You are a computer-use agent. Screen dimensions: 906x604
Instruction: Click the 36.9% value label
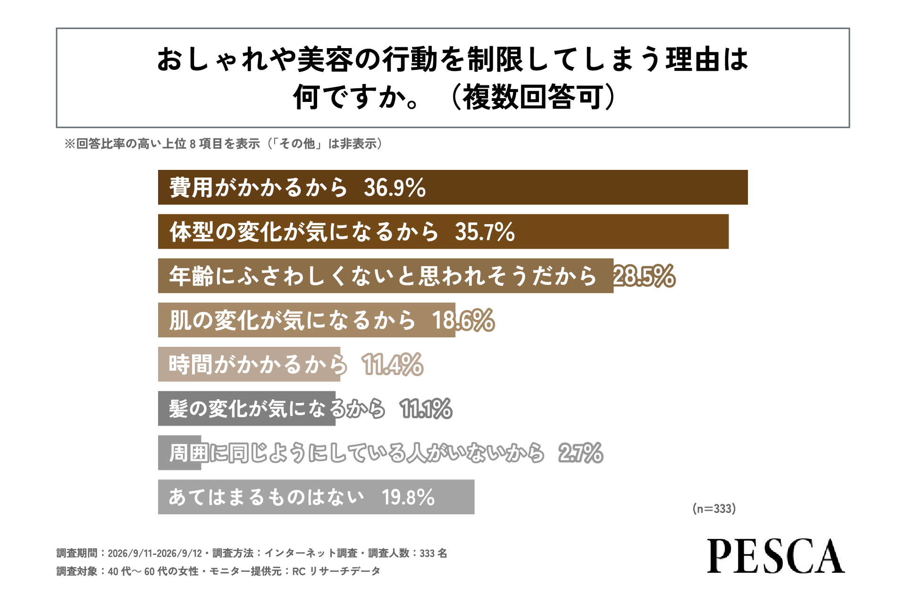pyautogui.click(x=394, y=187)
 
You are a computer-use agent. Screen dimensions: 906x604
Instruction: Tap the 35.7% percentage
pyautogui.click(x=485, y=232)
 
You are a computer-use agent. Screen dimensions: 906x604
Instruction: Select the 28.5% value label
pyautogui.click(x=644, y=276)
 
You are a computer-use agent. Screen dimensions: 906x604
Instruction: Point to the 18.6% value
pyautogui.click(x=463, y=320)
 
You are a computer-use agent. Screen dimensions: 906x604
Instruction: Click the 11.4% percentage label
pyautogui.click(x=393, y=365)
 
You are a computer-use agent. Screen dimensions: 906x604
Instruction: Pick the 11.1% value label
pyautogui.click(x=426, y=409)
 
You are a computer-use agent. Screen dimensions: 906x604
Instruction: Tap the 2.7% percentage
pyautogui.click(x=580, y=453)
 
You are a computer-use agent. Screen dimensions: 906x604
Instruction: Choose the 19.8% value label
pyautogui.click(x=408, y=497)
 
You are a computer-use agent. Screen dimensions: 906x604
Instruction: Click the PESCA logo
pyautogui.click(x=776, y=556)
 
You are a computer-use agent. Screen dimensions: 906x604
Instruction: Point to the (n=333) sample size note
pyautogui.click(x=714, y=509)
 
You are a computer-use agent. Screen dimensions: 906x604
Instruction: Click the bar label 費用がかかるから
pyautogui.click(x=259, y=187)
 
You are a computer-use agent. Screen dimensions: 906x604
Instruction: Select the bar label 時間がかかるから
pyautogui.click(x=258, y=365)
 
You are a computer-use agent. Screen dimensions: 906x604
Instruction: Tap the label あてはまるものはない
pyautogui.click(x=267, y=497)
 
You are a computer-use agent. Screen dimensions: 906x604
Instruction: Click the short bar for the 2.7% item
pyautogui.click(x=180, y=453)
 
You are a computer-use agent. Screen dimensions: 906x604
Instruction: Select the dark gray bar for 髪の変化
pyautogui.click(x=247, y=409)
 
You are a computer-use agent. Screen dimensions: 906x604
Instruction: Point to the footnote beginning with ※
pyautogui.click(x=223, y=144)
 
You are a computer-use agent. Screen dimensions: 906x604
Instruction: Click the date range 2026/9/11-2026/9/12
pyautogui.click(x=155, y=554)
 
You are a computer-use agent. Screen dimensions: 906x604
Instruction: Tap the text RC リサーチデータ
pyautogui.click(x=336, y=571)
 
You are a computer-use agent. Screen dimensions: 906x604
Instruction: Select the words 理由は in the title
pyautogui.click(x=707, y=59)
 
